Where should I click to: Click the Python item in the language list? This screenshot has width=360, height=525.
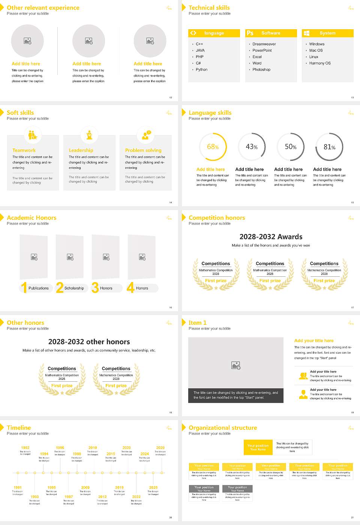[201, 70]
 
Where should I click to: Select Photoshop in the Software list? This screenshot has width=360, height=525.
[261, 70]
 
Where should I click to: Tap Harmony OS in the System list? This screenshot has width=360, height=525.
[320, 63]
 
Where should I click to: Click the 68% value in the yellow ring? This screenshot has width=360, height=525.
[213, 147]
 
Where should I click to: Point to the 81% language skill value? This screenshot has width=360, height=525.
[329, 147]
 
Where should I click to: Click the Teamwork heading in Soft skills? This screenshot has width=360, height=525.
[24, 150]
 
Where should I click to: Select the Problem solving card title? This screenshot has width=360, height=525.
[143, 150]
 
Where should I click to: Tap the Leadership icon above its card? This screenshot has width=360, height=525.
[89, 135]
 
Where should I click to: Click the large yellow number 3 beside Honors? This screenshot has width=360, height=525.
[95, 288]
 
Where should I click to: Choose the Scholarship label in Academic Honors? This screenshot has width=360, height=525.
[74, 288]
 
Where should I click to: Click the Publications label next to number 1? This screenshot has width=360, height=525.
[39, 288]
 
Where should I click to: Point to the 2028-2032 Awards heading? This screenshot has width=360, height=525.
[271, 237]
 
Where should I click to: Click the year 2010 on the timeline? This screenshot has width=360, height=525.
[93, 448]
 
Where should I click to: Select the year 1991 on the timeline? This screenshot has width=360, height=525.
[18, 488]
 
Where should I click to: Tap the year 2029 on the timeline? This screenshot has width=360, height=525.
[160, 448]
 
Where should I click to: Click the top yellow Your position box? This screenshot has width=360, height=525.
[258, 447]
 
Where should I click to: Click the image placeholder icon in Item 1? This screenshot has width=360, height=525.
[236, 365]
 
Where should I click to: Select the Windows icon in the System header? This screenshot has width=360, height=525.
[306, 33]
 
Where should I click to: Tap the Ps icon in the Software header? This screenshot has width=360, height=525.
[250, 33]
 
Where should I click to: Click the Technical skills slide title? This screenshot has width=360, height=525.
[209, 7]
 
